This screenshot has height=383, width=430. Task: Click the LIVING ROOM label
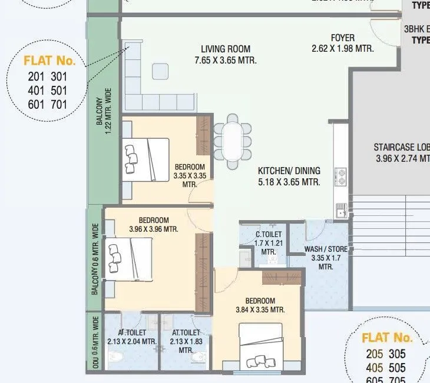[225, 49]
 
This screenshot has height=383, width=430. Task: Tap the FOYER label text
[342, 38]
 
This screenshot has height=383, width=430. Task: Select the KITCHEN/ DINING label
[289, 171]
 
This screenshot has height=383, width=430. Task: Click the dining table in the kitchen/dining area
[233, 141]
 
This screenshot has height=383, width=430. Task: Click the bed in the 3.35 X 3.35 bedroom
[147, 159]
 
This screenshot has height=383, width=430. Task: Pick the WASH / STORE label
[326, 249]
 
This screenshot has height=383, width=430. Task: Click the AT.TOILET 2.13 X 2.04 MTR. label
[131, 337]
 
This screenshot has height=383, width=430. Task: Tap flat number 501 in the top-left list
[59, 91]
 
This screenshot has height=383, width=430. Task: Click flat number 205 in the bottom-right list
[374, 354]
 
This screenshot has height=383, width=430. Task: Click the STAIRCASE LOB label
[401, 148]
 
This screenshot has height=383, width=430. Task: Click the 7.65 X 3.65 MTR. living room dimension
[225, 61]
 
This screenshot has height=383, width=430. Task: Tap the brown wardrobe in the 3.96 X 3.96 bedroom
[203, 272]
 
